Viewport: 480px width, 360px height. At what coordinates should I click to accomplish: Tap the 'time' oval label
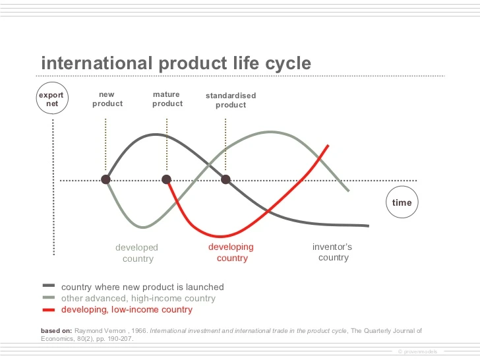[402, 202]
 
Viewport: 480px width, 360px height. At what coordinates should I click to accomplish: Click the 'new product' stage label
[107, 99]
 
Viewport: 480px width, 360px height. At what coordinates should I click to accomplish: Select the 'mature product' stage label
[167, 99]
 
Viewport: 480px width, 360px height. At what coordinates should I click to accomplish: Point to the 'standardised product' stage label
[230, 100]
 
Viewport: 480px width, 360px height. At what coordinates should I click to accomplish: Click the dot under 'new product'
[105, 179]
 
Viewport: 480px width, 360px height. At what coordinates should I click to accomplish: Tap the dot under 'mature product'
[167, 179]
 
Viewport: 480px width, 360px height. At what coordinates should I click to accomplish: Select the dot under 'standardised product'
[225, 179]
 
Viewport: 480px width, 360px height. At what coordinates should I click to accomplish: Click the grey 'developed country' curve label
[137, 253]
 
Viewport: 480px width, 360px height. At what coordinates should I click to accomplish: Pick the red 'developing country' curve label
[231, 253]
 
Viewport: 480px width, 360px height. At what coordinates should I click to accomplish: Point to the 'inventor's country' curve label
[332, 252]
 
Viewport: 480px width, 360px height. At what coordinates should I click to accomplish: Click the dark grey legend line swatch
[49, 286]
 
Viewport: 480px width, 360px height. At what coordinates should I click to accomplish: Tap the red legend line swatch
[49, 309]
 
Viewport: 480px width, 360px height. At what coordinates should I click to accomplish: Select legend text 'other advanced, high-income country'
[138, 298]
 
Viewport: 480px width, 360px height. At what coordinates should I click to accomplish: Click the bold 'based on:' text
[55, 330]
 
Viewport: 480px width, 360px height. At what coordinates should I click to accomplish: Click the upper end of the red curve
[328, 146]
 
